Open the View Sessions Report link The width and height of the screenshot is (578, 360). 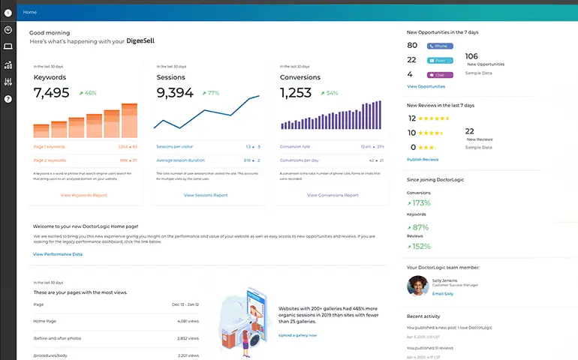[x=206, y=195]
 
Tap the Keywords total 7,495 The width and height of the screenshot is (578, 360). [x=52, y=92]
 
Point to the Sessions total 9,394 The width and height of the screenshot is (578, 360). [x=175, y=92]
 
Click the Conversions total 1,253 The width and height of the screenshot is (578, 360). [x=296, y=92]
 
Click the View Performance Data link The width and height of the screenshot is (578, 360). [x=58, y=254]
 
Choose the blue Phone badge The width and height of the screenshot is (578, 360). [x=440, y=46]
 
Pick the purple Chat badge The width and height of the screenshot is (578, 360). [x=440, y=74]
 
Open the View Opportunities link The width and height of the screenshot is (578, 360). [x=426, y=86]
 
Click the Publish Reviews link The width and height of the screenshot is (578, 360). [x=423, y=159]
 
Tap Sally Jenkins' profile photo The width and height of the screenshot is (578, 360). [x=417, y=286]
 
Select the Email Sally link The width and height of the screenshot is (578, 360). [x=443, y=294]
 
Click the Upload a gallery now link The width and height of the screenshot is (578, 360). [x=297, y=335]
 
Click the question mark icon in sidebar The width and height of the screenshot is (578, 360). [x=8, y=99]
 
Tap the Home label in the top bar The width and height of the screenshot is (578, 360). [x=30, y=12]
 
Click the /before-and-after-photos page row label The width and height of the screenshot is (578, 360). [x=56, y=338]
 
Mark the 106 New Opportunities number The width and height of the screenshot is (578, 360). [x=471, y=56]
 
